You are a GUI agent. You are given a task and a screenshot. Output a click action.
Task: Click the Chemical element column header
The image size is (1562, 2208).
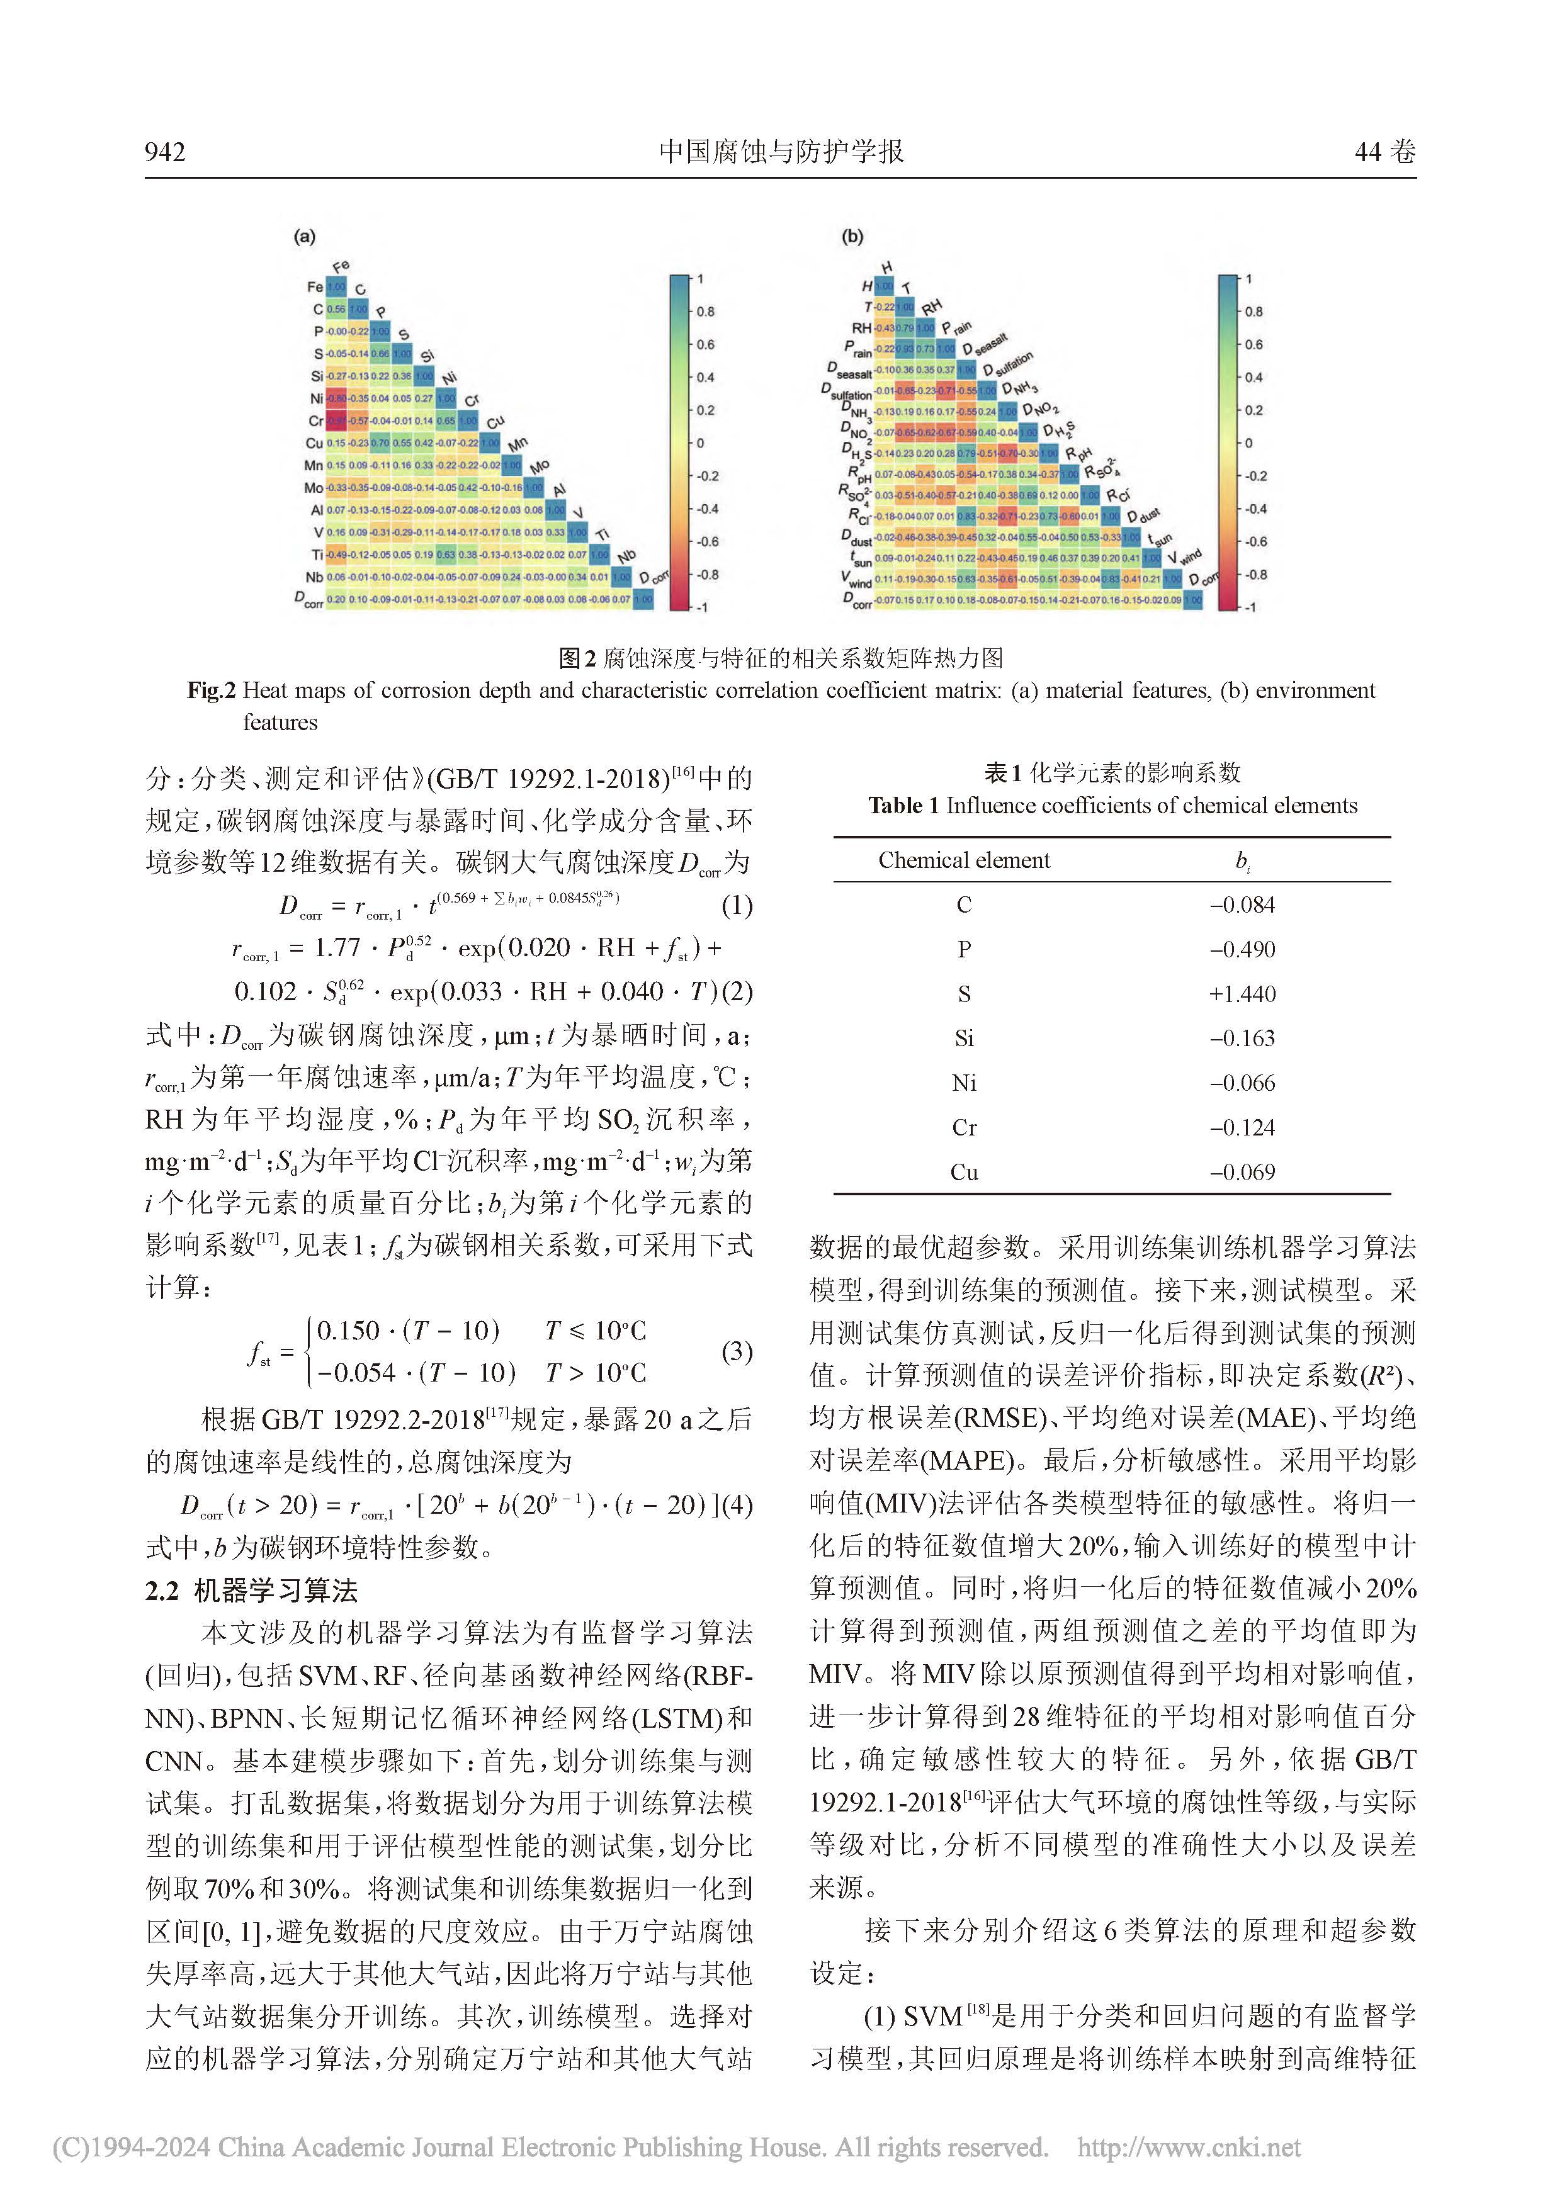[x=964, y=860]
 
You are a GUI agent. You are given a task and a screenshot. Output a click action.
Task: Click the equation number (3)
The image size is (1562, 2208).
[x=737, y=1351]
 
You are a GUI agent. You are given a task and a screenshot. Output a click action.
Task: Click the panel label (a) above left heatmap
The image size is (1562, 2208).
[x=304, y=237]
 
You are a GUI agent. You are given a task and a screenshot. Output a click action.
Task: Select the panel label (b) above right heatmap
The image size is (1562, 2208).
[x=852, y=237]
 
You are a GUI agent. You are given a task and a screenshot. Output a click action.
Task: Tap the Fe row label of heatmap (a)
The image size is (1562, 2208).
[x=315, y=286]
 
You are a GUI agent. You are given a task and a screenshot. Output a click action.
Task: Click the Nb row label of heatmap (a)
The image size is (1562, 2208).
[x=315, y=578]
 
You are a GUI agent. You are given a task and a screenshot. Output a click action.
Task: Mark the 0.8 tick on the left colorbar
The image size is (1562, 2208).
[x=706, y=312]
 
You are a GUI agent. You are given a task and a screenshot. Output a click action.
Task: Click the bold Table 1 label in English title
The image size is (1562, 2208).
[x=903, y=806]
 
